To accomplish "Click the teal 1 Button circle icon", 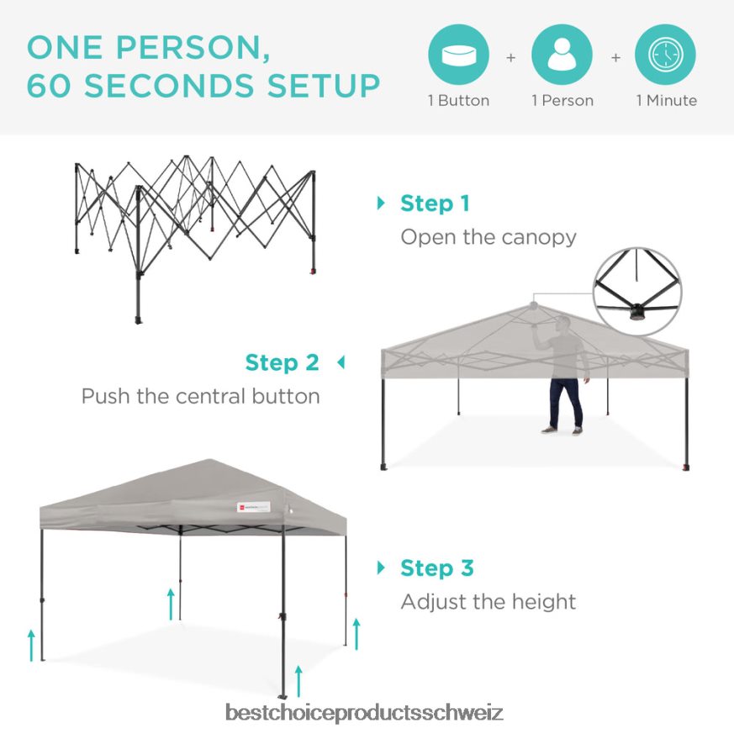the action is [458, 55].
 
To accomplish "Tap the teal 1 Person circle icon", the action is [562, 55].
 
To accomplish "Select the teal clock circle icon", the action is [665, 55].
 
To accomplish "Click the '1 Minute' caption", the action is [666, 101].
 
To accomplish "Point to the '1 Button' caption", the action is [458, 101].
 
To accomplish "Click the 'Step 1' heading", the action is [435, 203].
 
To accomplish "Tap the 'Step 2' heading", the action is [283, 362].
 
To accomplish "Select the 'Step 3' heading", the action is [437, 568].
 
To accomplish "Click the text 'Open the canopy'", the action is [488, 237].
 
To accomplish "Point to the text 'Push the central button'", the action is [201, 397].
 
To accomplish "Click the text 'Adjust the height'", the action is [488, 602].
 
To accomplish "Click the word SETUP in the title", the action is [324, 86].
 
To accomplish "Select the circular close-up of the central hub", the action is [637, 291].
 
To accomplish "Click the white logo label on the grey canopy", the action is [254, 507].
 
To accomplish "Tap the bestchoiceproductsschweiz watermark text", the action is [364, 712].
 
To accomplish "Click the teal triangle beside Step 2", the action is [341, 362].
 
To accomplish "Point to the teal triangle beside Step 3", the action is [381, 568].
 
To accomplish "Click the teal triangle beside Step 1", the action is [381, 203].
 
